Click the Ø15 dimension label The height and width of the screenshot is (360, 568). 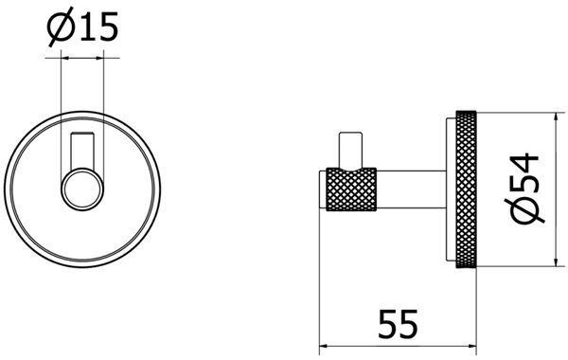point(83,27)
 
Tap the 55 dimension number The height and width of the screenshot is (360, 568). point(398,324)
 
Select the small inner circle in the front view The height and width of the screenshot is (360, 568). point(82,189)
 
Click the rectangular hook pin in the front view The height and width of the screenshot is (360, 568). point(82,151)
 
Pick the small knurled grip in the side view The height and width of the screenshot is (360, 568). point(351,189)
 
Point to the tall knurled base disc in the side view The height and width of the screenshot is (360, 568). point(466,189)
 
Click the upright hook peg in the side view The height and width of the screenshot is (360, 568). point(350,150)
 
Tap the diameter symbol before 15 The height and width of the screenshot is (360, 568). point(61,27)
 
